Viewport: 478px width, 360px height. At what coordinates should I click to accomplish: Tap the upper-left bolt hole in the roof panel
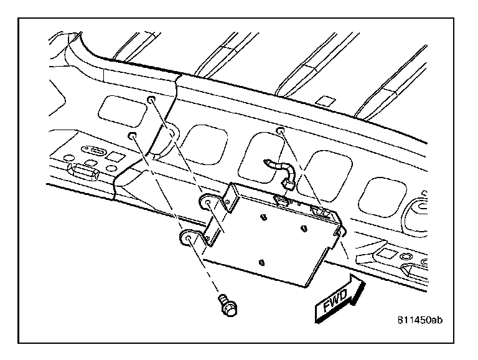point(151,99)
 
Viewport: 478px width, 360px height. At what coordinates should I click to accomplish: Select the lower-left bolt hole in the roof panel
point(131,135)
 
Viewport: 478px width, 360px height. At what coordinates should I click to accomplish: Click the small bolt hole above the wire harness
point(281,130)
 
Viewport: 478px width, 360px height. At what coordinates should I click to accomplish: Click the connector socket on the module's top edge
point(281,200)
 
